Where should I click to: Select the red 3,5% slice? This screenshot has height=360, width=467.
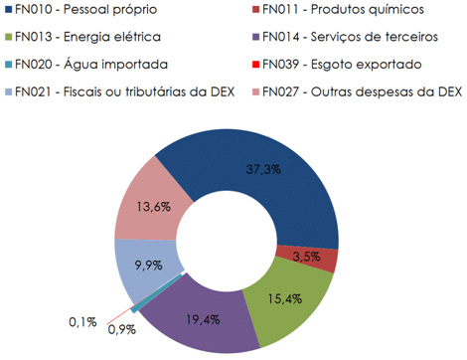pos(324,257)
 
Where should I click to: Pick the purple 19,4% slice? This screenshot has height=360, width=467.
pos(202,320)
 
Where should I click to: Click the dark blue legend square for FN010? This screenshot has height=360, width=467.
pos(7,11)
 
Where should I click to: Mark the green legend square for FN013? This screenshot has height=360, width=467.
pos(7,38)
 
